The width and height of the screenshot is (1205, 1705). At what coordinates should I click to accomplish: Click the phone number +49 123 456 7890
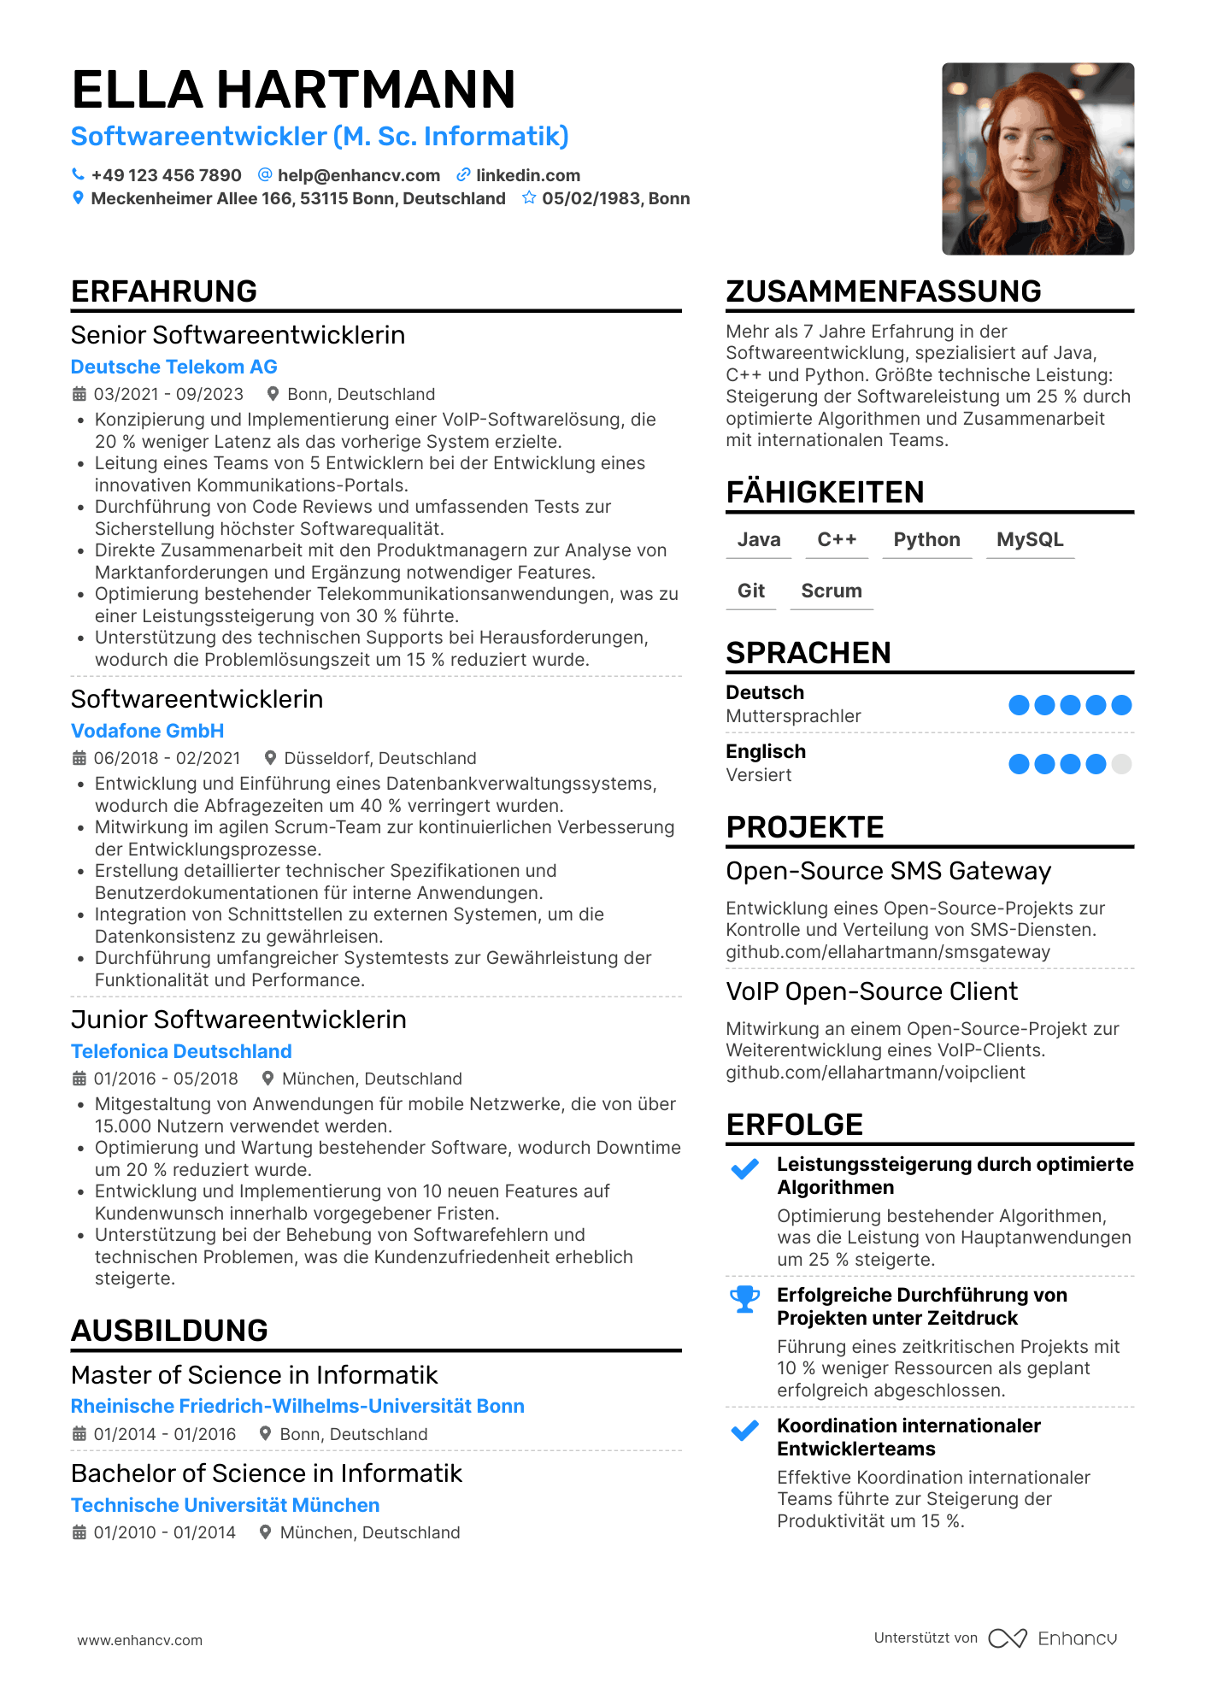pyautogui.click(x=166, y=175)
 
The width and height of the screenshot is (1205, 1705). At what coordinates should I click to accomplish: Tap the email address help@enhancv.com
pyautogui.click(x=358, y=175)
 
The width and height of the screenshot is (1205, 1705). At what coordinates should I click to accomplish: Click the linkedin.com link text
pyautogui.click(x=527, y=175)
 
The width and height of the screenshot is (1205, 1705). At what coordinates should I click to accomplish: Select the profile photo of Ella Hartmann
pyautogui.click(x=1037, y=158)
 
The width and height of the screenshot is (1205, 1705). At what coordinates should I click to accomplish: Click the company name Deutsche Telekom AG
pyautogui.click(x=173, y=367)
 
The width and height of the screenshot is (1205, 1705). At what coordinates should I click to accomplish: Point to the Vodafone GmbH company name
pyautogui.click(x=147, y=731)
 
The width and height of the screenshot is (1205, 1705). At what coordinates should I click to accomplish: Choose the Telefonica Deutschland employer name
pyautogui.click(x=181, y=1051)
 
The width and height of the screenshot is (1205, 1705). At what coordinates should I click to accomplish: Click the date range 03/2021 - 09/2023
pyautogui.click(x=168, y=394)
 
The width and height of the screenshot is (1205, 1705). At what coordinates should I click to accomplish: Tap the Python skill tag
pyautogui.click(x=926, y=540)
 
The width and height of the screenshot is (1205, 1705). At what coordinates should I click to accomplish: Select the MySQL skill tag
pyautogui.click(x=1030, y=540)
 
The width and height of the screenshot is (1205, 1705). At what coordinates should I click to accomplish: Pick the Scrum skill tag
pyautogui.click(x=832, y=591)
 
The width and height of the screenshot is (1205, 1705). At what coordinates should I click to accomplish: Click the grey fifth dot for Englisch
pyautogui.click(x=1121, y=764)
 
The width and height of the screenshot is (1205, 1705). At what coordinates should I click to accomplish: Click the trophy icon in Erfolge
pyautogui.click(x=744, y=1299)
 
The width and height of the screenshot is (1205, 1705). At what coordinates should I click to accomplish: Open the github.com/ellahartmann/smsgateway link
pyautogui.click(x=888, y=952)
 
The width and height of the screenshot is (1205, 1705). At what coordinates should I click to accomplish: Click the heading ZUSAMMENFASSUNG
pyautogui.click(x=883, y=291)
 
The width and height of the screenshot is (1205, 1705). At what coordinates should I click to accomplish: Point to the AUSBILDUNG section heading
pyautogui.click(x=169, y=1331)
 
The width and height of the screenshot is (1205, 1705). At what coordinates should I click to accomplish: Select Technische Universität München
pyautogui.click(x=225, y=1505)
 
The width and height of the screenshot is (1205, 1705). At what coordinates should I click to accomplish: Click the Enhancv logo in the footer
pyautogui.click(x=1053, y=1638)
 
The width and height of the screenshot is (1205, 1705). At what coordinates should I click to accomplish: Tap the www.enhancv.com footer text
pyautogui.click(x=140, y=1640)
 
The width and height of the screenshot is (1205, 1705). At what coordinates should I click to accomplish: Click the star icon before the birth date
pyautogui.click(x=529, y=198)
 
